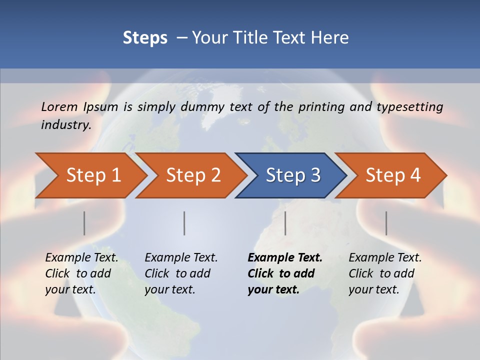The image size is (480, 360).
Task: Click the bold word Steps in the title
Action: [145, 37]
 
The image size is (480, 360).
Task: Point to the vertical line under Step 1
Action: [84, 223]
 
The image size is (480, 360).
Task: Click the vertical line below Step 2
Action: [184, 223]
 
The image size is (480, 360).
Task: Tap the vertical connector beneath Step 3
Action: [285, 223]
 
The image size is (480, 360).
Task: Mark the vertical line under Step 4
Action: [386, 223]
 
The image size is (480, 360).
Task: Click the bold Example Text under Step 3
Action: [284, 273]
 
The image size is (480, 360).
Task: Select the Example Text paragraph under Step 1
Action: [81, 273]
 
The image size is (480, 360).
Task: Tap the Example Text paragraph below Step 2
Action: [180, 273]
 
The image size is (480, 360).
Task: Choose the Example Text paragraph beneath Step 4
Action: [384, 273]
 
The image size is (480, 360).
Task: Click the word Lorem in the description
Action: [59, 106]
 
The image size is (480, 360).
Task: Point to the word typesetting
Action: [409, 107]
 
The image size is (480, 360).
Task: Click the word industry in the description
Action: [65, 125]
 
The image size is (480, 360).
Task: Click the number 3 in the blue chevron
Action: [315, 175]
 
